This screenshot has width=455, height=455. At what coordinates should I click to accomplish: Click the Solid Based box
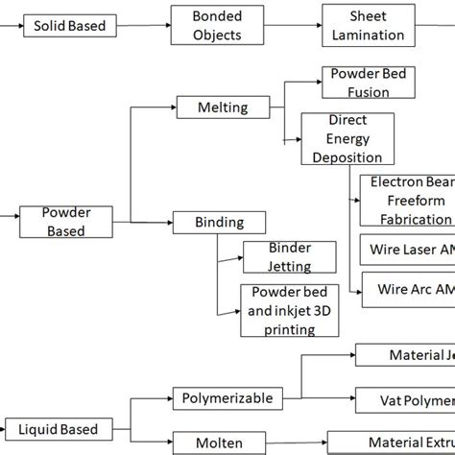69,25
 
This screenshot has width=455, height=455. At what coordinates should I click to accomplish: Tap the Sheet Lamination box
368,26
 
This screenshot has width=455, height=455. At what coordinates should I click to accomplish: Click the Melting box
222,108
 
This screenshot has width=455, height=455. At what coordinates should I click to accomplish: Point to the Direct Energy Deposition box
347,139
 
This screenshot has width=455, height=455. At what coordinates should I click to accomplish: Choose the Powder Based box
65,221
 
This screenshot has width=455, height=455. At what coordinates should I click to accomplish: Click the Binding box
220,223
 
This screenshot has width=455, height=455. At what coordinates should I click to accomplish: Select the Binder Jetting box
290,256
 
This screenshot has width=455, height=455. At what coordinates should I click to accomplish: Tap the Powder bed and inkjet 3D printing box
290,310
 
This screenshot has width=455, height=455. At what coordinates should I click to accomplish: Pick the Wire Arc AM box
408,289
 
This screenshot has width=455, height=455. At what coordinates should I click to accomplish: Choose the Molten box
221,443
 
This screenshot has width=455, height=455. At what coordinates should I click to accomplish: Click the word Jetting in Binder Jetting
290,264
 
